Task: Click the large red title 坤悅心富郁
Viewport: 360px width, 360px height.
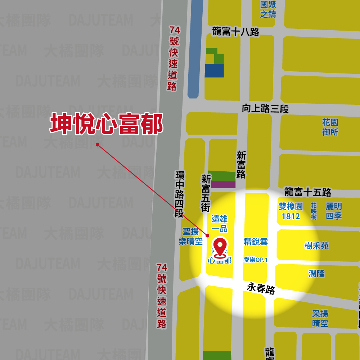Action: click(106, 124)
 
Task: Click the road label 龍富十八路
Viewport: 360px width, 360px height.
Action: click(235, 32)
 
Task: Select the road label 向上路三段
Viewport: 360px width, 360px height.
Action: click(265, 108)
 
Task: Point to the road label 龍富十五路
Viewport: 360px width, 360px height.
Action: click(307, 192)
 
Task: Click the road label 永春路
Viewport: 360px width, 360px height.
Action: click(261, 288)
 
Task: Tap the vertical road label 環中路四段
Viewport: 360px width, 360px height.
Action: click(179, 194)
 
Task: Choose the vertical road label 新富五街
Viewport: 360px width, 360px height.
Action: click(206, 193)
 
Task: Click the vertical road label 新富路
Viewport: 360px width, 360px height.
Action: click(241, 165)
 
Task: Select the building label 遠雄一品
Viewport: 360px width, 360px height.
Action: click(220, 224)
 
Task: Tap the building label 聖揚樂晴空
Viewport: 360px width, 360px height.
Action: click(191, 237)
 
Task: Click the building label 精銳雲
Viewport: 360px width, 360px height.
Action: click(256, 242)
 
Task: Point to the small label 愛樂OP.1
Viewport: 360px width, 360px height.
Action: click(256, 260)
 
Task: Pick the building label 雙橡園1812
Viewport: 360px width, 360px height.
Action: click(291, 211)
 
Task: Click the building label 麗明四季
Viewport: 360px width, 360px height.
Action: click(334, 211)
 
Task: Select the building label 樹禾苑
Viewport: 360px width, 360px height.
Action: click(316, 246)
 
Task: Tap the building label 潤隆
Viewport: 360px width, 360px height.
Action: click(316, 274)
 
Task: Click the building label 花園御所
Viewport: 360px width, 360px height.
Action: click(330, 127)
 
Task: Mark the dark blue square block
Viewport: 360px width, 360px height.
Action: click(214, 70)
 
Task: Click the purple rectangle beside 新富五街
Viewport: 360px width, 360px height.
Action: click(223, 185)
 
